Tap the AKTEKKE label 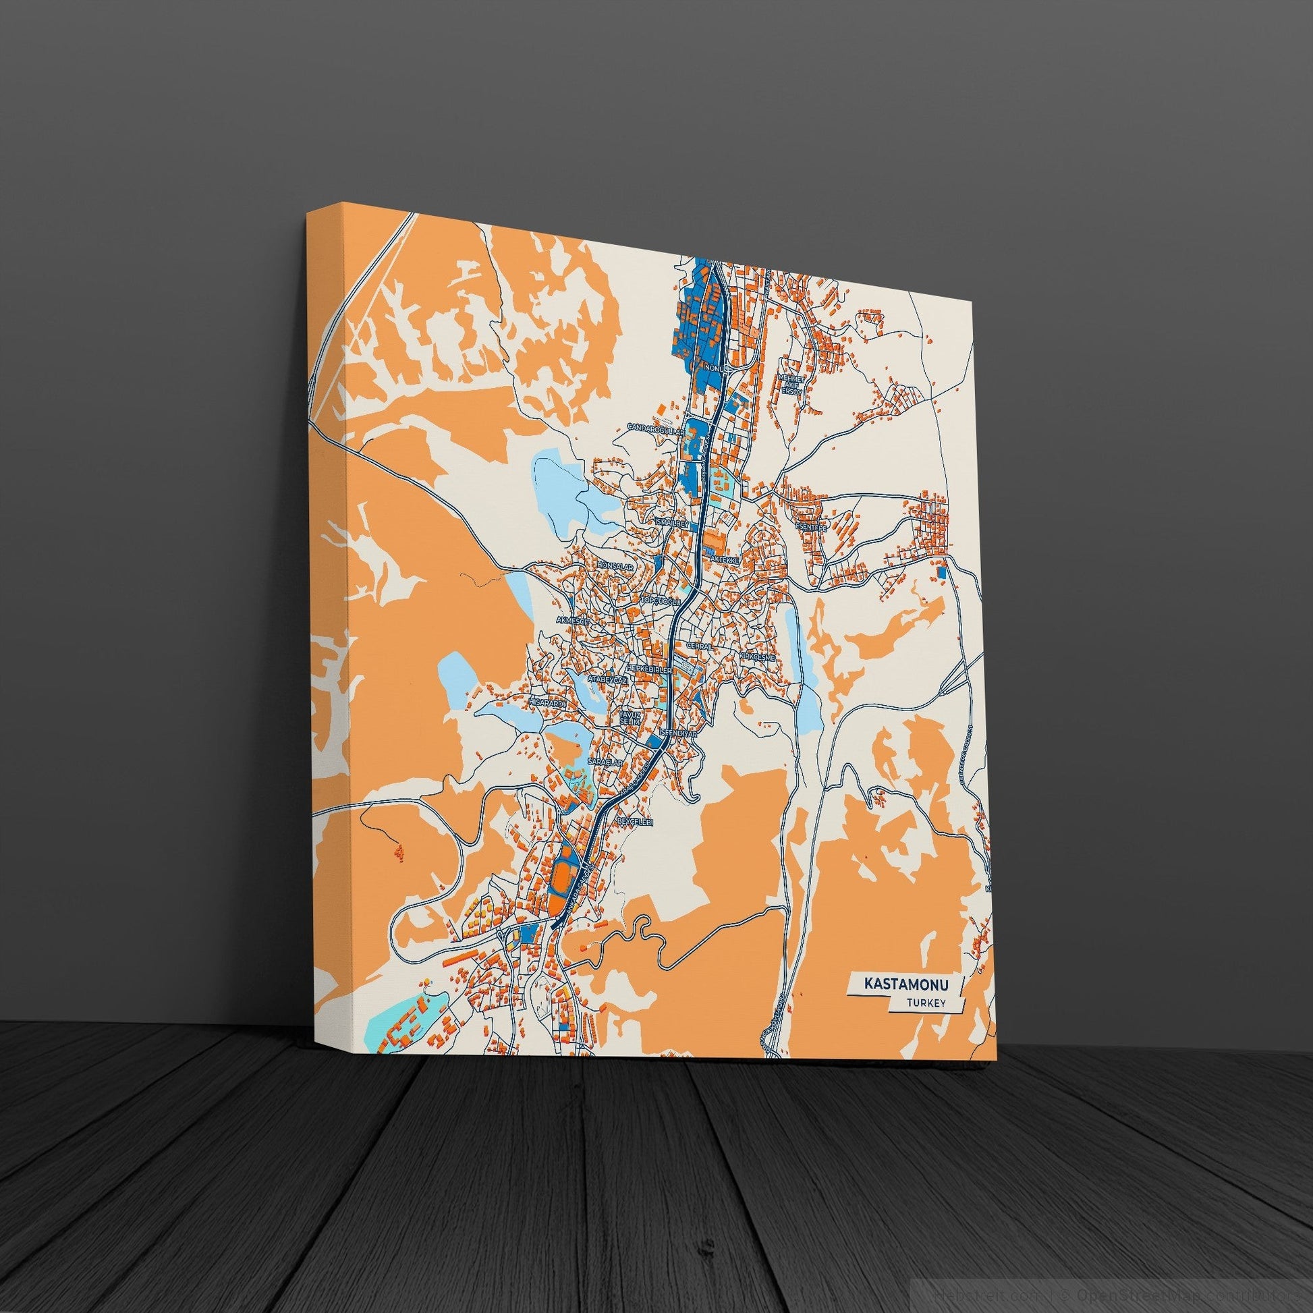[x=724, y=558]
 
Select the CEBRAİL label [x=700, y=646]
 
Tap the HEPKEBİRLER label [x=649, y=669]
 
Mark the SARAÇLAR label [x=606, y=763]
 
